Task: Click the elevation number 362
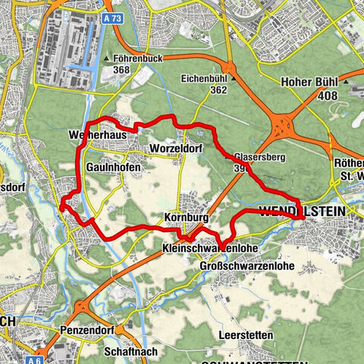tap(218, 89)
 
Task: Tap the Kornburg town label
tap(184, 217)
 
